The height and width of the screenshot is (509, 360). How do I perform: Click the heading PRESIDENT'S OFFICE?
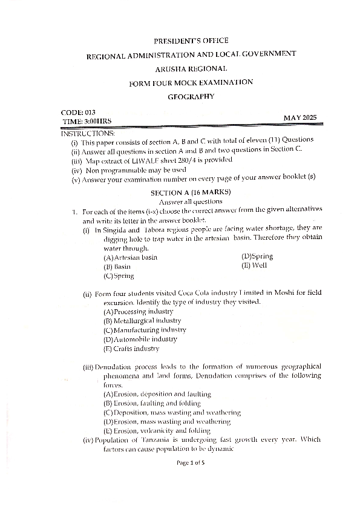191,41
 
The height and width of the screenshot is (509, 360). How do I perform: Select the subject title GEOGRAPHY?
191,96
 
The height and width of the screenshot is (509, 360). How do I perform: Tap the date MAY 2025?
299,117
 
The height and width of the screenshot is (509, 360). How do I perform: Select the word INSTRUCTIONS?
88,132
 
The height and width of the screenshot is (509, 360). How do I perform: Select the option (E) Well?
254,265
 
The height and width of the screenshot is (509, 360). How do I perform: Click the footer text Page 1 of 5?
191,463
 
